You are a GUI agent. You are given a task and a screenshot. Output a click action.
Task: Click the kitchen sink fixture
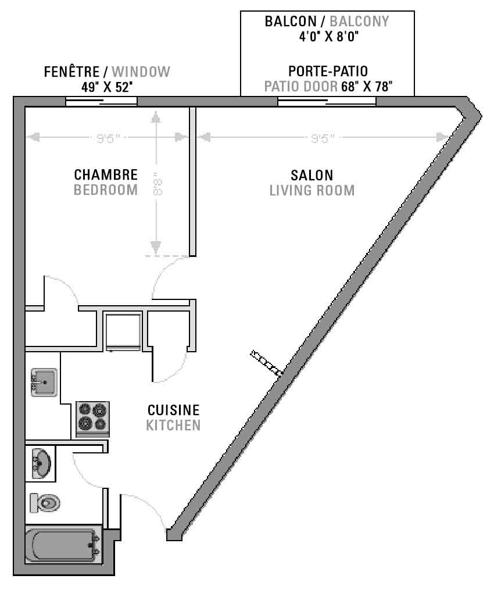pyautogui.click(x=44, y=383)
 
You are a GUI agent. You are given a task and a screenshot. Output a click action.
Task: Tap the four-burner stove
pyautogui.click(x=92, y=419)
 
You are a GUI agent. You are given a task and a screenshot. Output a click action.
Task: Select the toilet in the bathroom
pyautogui.click(x=45, y=503)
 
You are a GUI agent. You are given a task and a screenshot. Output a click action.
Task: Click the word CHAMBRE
pyautogui.click(x=106, y=175)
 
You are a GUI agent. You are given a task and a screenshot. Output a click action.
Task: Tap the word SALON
pyautogui.click(x=312, y=176)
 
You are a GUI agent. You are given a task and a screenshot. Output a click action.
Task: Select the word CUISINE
pyautogui.click(x=174, y=410)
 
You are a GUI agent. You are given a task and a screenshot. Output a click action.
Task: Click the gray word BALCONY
pyautogui.click(x=359, y=21)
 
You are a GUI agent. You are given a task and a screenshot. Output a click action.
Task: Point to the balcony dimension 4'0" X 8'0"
pyautogui.click(x=329, y=37)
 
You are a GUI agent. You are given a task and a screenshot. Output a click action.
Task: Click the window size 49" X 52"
pyautogui.click(x=107, y=87)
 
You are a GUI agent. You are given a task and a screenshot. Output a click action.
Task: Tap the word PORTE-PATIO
pyautogui.click(x=328, y=72)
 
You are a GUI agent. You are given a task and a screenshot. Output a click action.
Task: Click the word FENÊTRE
pyautogui.click(x=71, y=72)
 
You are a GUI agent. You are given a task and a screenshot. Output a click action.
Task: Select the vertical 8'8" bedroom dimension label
pyautogui.click(x=157, y=184)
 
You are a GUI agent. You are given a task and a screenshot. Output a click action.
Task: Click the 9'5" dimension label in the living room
pyautogui.click(x=323, y=138)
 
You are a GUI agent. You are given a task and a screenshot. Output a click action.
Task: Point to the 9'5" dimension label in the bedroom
pyautogui.click(x=108, y=138)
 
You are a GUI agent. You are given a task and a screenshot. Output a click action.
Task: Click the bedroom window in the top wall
pyautogui.click(x=101, y=102)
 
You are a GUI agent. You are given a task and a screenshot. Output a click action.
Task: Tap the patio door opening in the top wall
pyautogui.click(x=327, y=101)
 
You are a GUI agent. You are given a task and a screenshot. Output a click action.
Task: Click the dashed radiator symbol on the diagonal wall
pyautogui.click(x=266, y=363)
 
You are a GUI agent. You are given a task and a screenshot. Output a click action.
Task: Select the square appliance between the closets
pyautogui.click(x=123, y=332)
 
